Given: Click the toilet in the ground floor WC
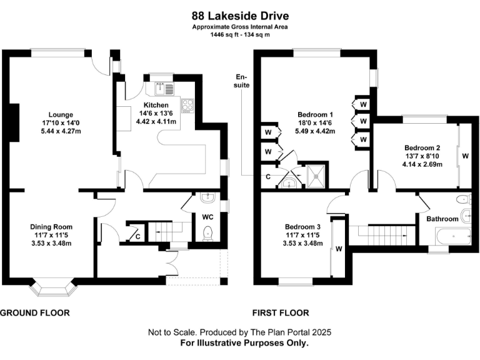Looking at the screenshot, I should click(x=209, y=233).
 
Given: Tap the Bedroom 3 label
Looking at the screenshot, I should click(x=302, y=226).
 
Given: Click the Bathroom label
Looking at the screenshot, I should click(x=442, y=219).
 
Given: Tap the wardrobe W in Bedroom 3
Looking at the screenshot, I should click(x=338, y=248).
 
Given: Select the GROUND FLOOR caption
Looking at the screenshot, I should click(x=35, y=312).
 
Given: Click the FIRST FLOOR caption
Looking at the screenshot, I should click(x=281, y=312).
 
